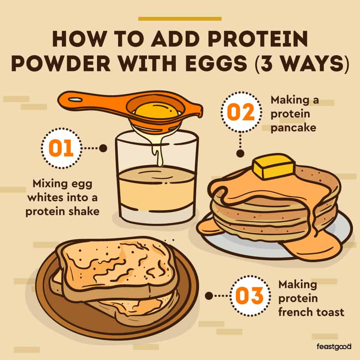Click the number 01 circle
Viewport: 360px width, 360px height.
[62, 148]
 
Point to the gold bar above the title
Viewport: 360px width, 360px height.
[180, 18]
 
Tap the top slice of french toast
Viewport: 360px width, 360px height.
[117, 265]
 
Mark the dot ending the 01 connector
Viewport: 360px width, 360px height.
[103, 148]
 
